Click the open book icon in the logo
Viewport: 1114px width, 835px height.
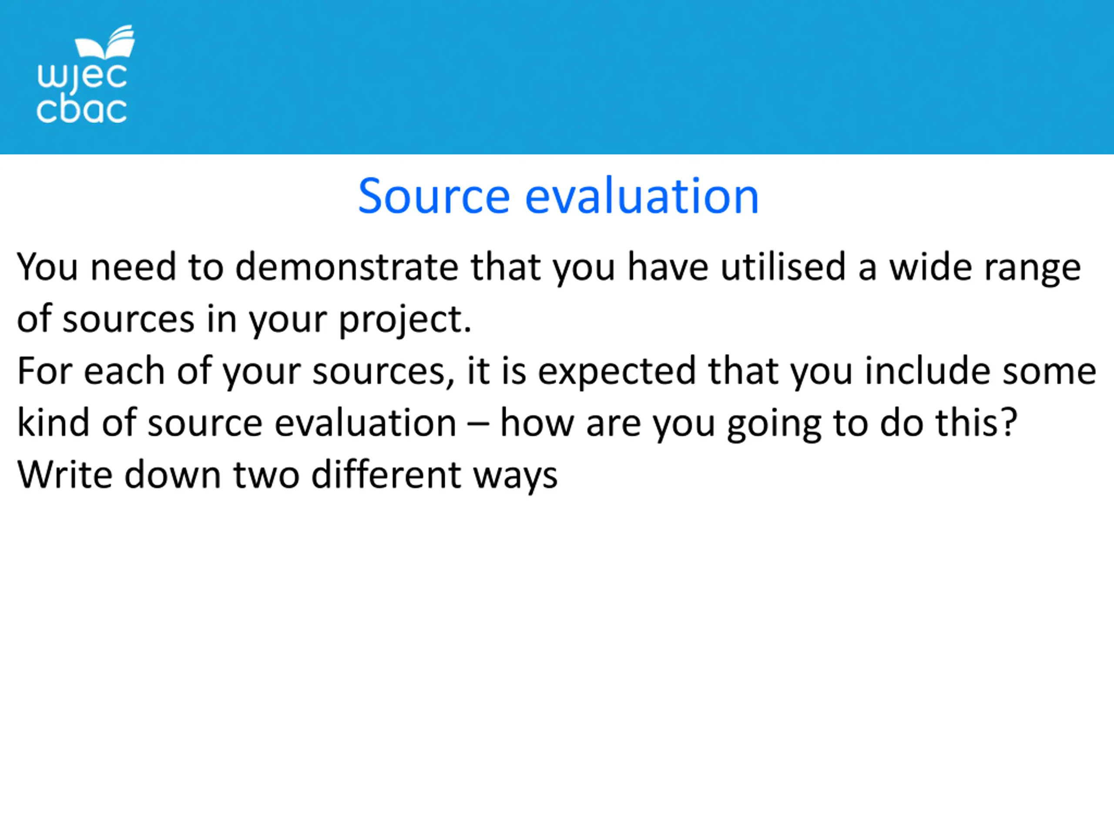pos(105,42)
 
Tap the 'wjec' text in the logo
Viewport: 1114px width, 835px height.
pos(82,78)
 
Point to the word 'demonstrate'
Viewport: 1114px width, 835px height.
pos(346,267)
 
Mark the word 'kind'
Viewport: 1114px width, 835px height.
pos(54,423)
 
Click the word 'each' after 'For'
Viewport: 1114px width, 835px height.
pos(124,371)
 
